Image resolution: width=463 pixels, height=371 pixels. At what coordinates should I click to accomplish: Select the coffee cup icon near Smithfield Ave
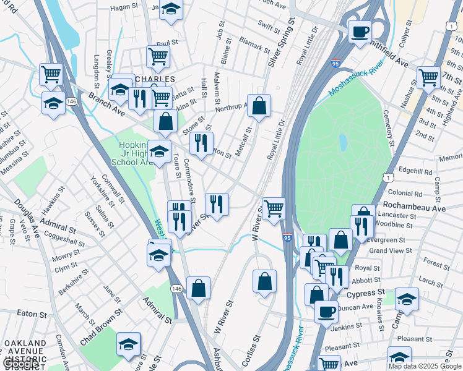[359, 32]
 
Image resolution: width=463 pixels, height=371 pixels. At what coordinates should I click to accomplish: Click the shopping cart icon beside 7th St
[428, 77]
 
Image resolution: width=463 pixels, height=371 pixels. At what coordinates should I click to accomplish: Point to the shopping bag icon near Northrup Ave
[259, 105]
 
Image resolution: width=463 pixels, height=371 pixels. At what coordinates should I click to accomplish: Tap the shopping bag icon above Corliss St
[264, 281]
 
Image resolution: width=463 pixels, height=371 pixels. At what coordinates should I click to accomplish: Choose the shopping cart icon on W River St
[273, 208]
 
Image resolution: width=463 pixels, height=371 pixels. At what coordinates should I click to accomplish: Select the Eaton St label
[28, 314]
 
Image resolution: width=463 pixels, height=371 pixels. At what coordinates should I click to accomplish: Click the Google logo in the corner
[20, 364]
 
